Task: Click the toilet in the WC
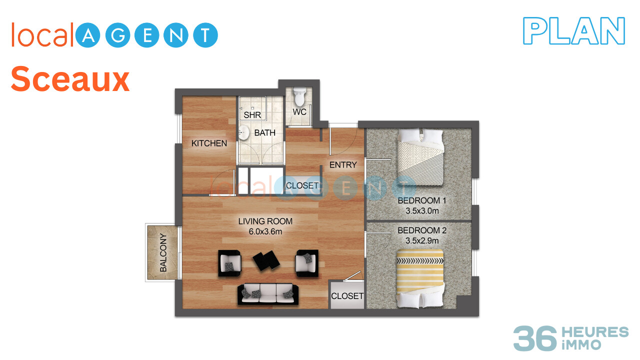point(299,97)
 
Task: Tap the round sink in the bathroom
point(243,132)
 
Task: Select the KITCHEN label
point(209,143)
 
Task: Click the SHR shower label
point(252,115)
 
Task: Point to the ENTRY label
point(343,165)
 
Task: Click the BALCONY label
point(163,252)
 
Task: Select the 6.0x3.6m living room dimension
point(265,231)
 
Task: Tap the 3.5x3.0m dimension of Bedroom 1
point(422,211)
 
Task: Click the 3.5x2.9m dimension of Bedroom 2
point(422,240)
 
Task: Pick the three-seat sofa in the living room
point(268,293)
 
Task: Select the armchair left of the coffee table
point(229,263)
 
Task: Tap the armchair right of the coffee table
point(307,263)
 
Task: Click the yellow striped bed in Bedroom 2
point(420,279)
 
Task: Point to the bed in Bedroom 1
point(420,157)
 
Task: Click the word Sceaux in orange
point(70,79)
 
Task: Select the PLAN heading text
point(574,31)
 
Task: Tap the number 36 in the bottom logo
point(535,338)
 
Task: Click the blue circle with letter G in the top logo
point(117,35)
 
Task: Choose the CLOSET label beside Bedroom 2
point(347,296)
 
